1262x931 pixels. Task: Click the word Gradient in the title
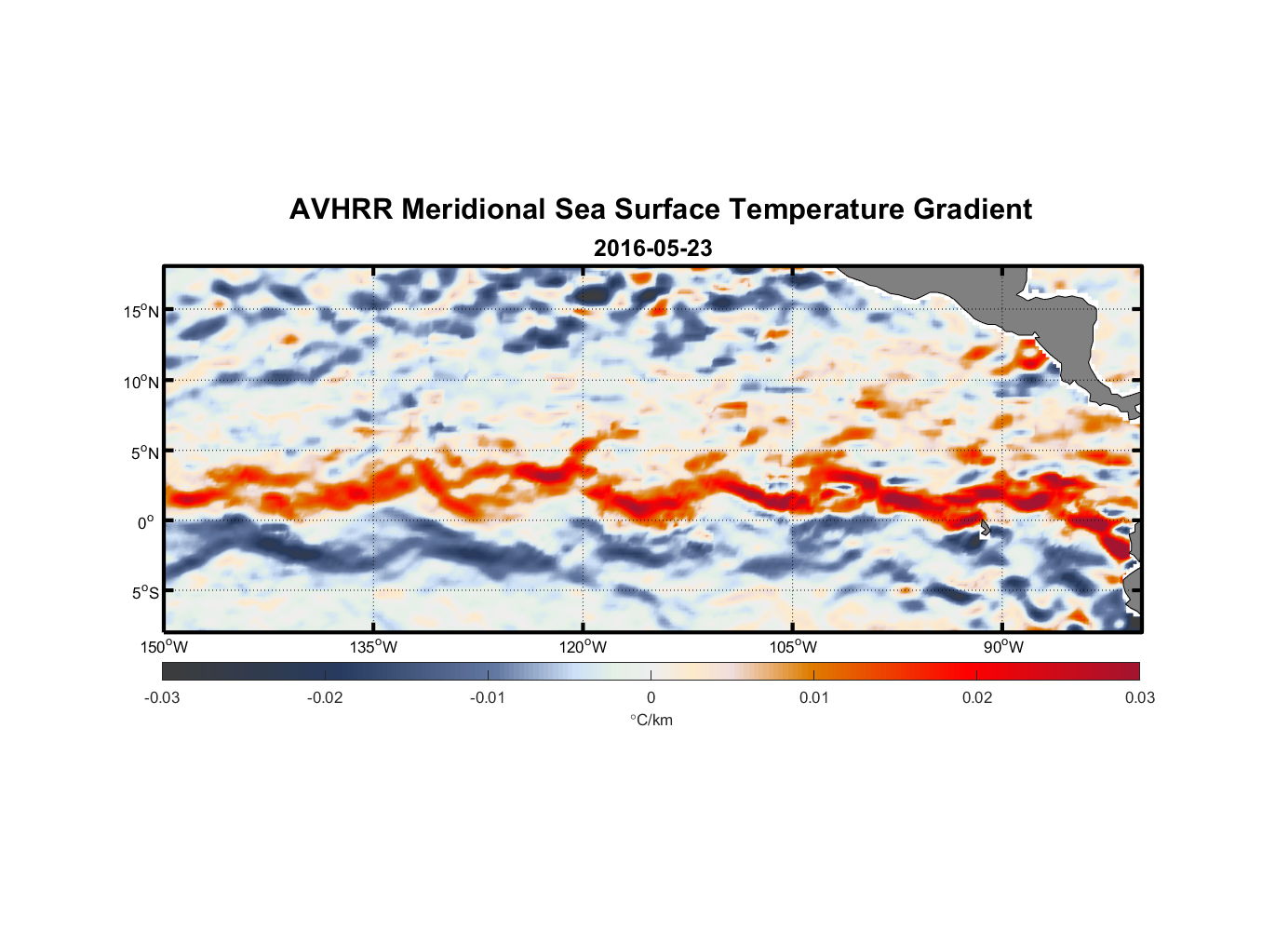972,209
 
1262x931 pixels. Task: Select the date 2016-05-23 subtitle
652,249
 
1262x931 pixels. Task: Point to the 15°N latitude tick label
141,311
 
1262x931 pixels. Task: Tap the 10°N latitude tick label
141,382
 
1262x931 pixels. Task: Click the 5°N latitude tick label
144,452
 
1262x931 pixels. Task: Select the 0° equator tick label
146,522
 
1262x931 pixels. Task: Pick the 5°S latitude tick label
144,592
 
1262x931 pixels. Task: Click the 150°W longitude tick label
164,647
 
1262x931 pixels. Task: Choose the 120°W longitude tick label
583,647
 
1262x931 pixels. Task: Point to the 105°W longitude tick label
793,647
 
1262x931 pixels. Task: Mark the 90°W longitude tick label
1003,647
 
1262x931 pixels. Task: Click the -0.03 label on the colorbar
162,698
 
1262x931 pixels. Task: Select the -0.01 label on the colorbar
487,698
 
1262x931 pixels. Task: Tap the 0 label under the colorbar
651,698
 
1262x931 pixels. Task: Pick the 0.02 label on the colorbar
977,698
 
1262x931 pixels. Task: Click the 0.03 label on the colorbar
1139,698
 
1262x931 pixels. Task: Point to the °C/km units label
651,720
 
